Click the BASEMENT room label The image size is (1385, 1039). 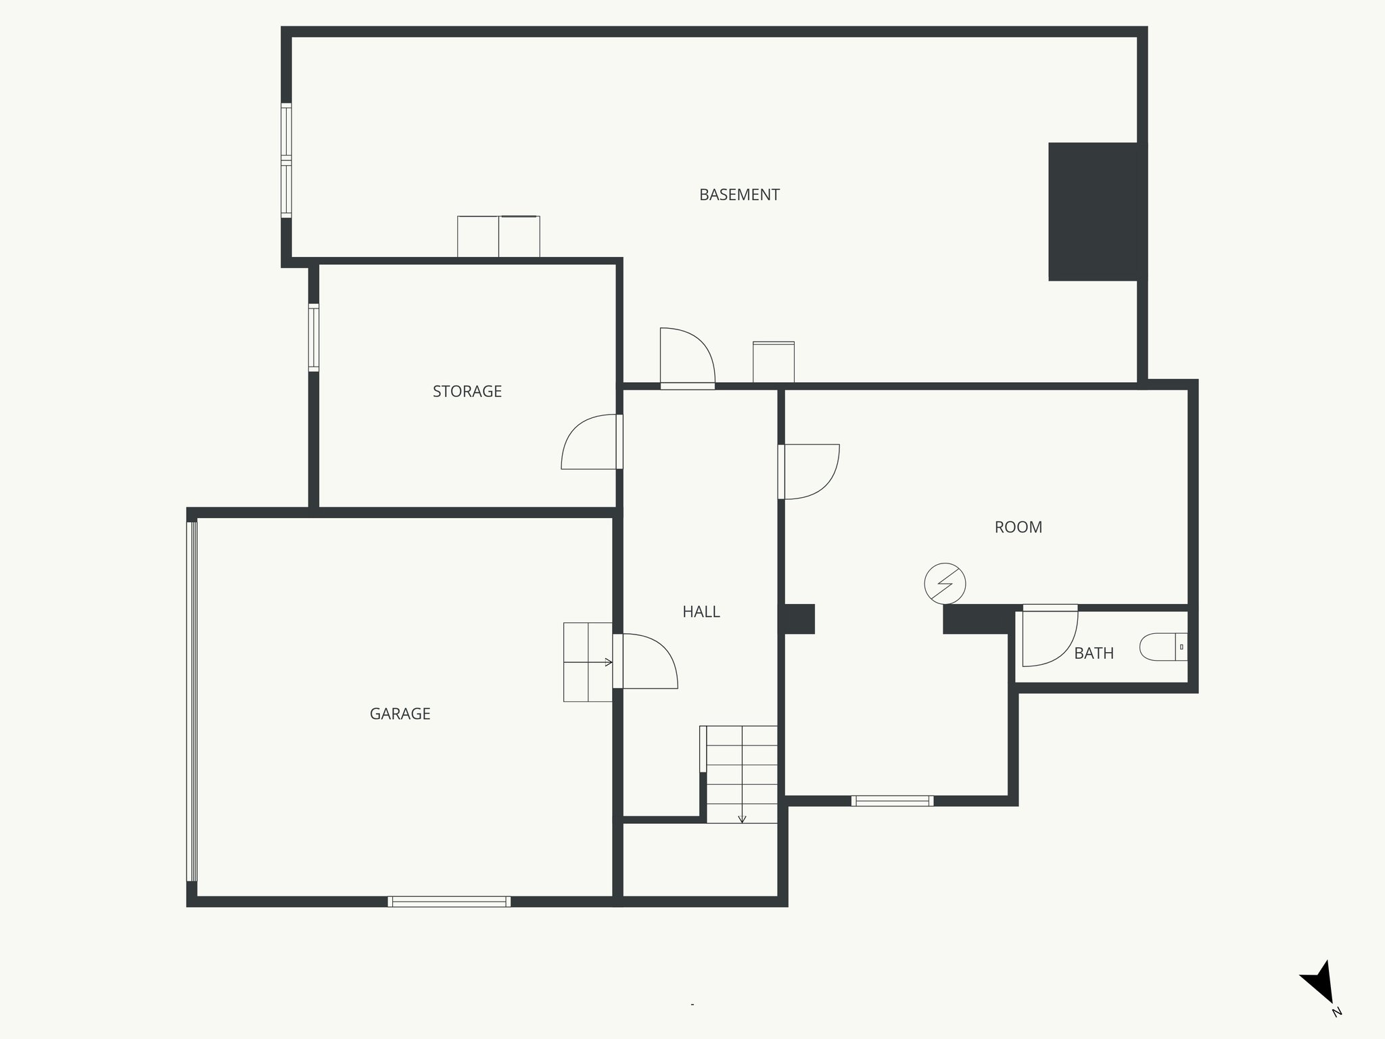click(739, 195)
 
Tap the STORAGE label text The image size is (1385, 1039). click(467, 392)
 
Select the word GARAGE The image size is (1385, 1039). click(400, 714)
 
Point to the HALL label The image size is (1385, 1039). click(701, 612)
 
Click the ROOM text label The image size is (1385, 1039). click(1018, 528)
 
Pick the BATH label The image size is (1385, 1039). click(1094, 653)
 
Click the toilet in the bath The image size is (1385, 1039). click(1163, 647)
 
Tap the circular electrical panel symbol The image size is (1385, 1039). click(945, 583)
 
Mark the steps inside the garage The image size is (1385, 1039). click(588, 662)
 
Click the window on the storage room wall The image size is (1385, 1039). click(314, 338)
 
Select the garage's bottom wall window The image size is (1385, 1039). click(449, 901)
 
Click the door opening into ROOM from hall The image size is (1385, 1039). click(810, 471)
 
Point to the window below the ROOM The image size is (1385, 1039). click(892, 801)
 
